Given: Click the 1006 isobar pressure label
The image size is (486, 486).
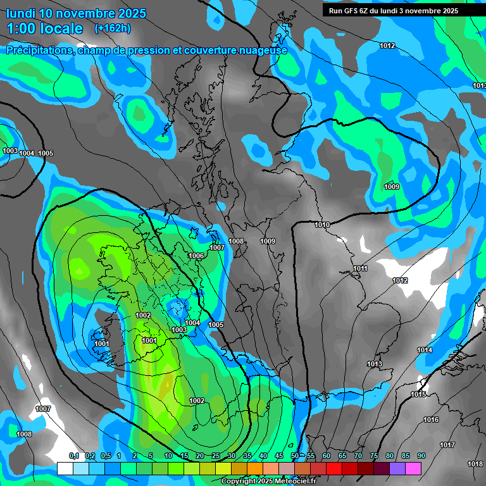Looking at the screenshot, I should click(196, 256).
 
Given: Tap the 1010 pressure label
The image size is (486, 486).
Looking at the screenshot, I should click(322, 225).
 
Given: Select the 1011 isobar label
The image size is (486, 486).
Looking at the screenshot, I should click(360, 268).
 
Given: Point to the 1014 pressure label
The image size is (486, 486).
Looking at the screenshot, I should click(425, 350).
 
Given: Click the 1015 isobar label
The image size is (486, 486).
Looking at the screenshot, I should click(418, 394).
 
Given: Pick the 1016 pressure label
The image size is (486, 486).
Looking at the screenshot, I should click(431, 420).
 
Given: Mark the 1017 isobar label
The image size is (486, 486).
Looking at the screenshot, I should click(447, 445).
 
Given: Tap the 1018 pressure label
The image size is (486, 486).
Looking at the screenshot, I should click(475, 464).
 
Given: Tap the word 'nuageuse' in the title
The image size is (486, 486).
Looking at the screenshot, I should click(260, 50).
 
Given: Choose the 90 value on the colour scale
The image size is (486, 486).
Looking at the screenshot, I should click(421, 456).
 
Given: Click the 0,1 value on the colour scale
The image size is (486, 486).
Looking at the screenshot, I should click(74, 456).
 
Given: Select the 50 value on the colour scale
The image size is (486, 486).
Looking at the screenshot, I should click(295, 456).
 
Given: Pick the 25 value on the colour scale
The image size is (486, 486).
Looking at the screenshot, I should click(215, 456).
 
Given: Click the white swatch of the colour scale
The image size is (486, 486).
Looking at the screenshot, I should click(65, 468).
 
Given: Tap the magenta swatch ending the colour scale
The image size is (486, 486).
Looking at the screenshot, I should click(413, 468).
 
